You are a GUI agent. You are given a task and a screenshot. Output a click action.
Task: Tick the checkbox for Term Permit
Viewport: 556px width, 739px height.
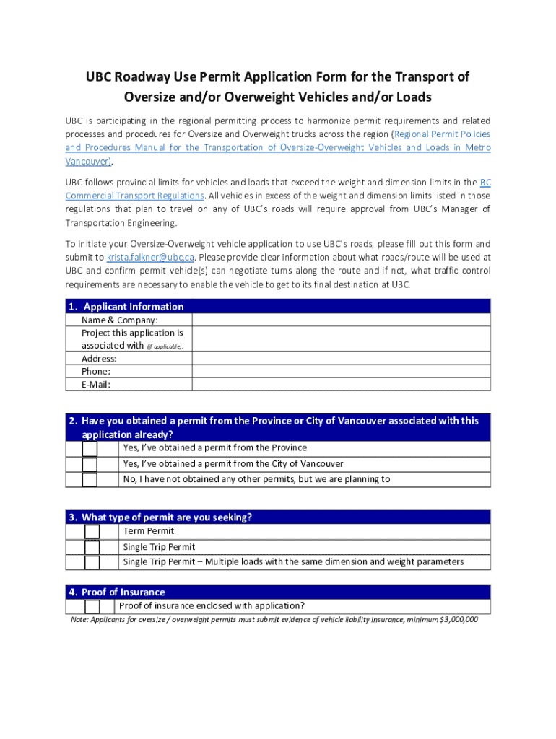pyautogui.click(x=92, y=532)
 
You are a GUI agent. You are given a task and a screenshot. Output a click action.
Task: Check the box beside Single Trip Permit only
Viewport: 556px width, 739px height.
pyautogui.click(x=92, y=548)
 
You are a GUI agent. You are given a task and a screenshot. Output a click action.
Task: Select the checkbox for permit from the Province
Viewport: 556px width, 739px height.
pyautogui.click(x=90, y=449)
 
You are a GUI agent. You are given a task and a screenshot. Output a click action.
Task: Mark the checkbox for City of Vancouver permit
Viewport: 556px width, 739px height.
pyautogui.click(x=90, y=464)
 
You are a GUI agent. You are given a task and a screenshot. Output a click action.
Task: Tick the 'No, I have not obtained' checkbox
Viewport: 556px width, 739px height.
pyautogui.click(x=90, y=480)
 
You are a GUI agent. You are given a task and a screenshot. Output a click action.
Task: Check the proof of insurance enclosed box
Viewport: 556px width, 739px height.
pyautogui.click(x=92, y=607)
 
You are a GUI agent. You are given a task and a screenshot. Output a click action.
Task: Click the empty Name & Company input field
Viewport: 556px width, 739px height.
pyautogui.click(x=341, y=320)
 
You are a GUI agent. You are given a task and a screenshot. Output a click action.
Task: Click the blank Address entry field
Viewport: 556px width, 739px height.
pyautogui.click(x=341, y=359)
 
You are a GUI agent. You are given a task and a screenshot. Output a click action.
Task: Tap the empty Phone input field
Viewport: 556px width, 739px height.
pyautogui.click(x=341, y=372)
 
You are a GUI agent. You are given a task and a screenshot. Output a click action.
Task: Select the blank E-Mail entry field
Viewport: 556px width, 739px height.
pyautogui.click(x=341, y=384)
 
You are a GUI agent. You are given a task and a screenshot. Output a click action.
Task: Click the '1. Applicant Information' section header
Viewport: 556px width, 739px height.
pyautogui.click(x=126, y=306)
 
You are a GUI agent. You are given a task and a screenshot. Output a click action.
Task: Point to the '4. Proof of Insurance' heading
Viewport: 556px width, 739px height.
pyautogui.click(x=116, y=592)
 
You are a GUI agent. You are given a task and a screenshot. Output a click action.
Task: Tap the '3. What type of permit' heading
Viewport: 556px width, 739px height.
pyautogui.click(x=160, y=517)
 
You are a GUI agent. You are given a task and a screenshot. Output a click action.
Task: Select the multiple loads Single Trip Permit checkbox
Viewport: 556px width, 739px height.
pyautogui.click(x=92, y=563)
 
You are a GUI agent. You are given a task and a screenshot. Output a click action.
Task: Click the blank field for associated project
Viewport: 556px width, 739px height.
pyautogui.click(x=341, y=339)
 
